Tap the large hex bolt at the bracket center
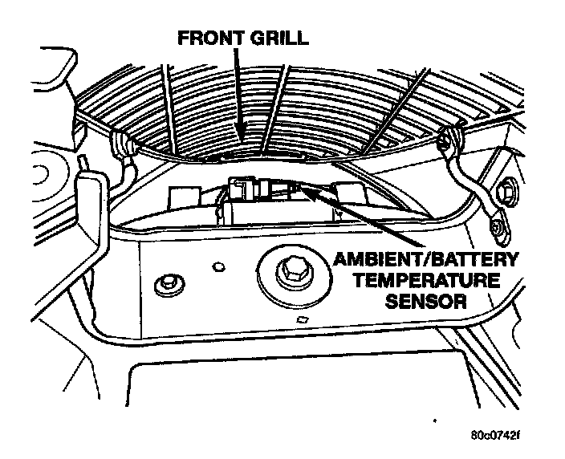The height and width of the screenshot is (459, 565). [290, 273]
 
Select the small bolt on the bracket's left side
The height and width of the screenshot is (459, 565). [169, 283]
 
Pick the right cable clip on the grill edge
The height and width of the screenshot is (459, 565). [449, 141]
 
